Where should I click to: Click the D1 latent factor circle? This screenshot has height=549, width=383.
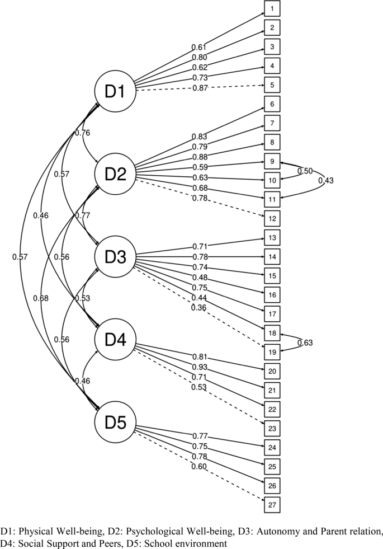(115, 91)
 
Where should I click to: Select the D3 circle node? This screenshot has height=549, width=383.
(115, 257)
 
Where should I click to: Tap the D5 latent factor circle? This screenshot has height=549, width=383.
(115, 423)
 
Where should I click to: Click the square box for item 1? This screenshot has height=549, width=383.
(271, 9)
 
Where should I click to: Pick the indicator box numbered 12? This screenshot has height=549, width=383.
(271, 218)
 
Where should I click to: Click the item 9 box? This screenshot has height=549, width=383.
(271, 161)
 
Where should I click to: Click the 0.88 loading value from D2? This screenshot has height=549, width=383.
(200, 156)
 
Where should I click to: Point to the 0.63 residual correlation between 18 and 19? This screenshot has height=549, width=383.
(305, 343)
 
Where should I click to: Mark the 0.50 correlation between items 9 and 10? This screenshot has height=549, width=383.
(305, 171)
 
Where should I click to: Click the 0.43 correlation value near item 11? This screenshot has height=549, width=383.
(327, 180)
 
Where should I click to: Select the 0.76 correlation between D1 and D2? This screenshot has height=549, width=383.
(82, 133)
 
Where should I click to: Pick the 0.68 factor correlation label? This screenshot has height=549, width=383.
(40, 298)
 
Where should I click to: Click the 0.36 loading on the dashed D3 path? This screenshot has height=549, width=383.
(200, 307)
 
